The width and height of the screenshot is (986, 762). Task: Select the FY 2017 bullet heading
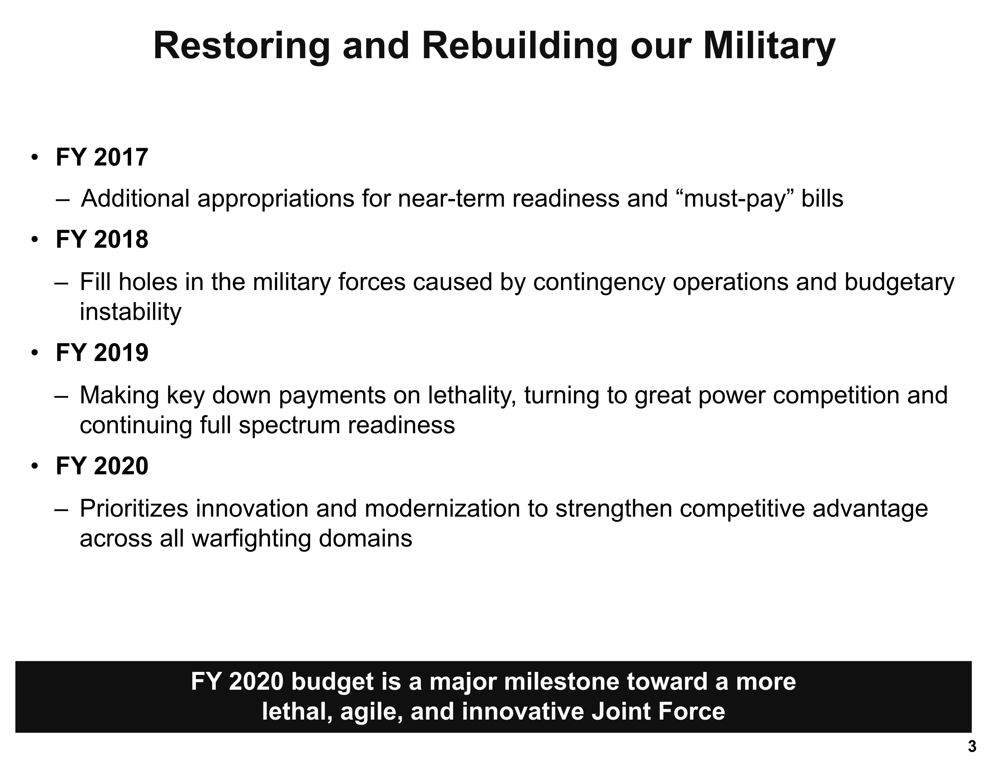point(102,157)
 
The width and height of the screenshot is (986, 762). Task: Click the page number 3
point(972,747)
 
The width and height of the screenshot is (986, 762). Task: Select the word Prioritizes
point(134,509)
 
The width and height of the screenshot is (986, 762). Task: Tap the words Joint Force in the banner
point(658,711)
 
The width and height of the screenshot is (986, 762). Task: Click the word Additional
point(135,199)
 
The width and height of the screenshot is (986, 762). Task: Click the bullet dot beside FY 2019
point(35,353)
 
